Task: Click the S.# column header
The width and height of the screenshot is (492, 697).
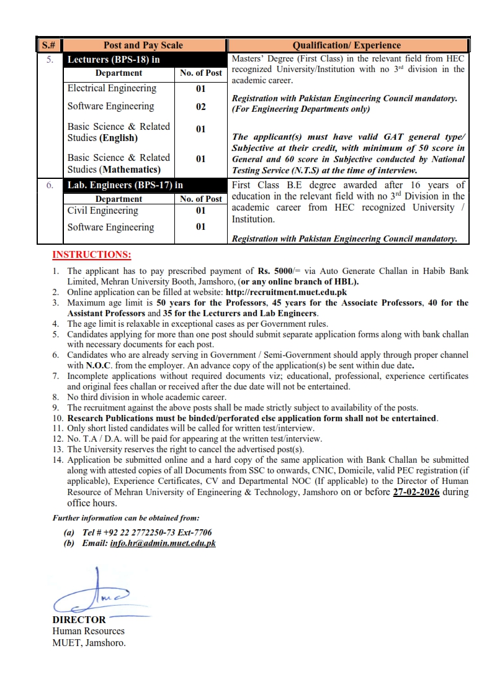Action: point(49,45)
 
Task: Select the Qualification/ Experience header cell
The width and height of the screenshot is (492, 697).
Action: point(347,45)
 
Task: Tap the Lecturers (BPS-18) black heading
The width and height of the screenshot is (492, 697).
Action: point(114,60)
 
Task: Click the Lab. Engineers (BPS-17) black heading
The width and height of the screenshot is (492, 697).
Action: point(125,185)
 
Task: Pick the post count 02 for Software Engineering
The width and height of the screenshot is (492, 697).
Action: point(200,107)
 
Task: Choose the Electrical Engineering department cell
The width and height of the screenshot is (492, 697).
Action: point(112,88)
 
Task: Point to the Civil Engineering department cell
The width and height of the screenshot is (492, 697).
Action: point(102,211)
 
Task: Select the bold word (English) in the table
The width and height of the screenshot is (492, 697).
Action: point(119,137)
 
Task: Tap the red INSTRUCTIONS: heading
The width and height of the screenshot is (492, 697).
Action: point(92,255)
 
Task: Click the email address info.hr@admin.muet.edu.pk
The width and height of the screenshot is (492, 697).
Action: point(163,543)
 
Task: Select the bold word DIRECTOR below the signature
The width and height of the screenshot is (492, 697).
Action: point(79,619)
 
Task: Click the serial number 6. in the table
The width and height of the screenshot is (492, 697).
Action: point(50,185)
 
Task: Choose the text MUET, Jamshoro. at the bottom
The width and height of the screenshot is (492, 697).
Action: point(89,643)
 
